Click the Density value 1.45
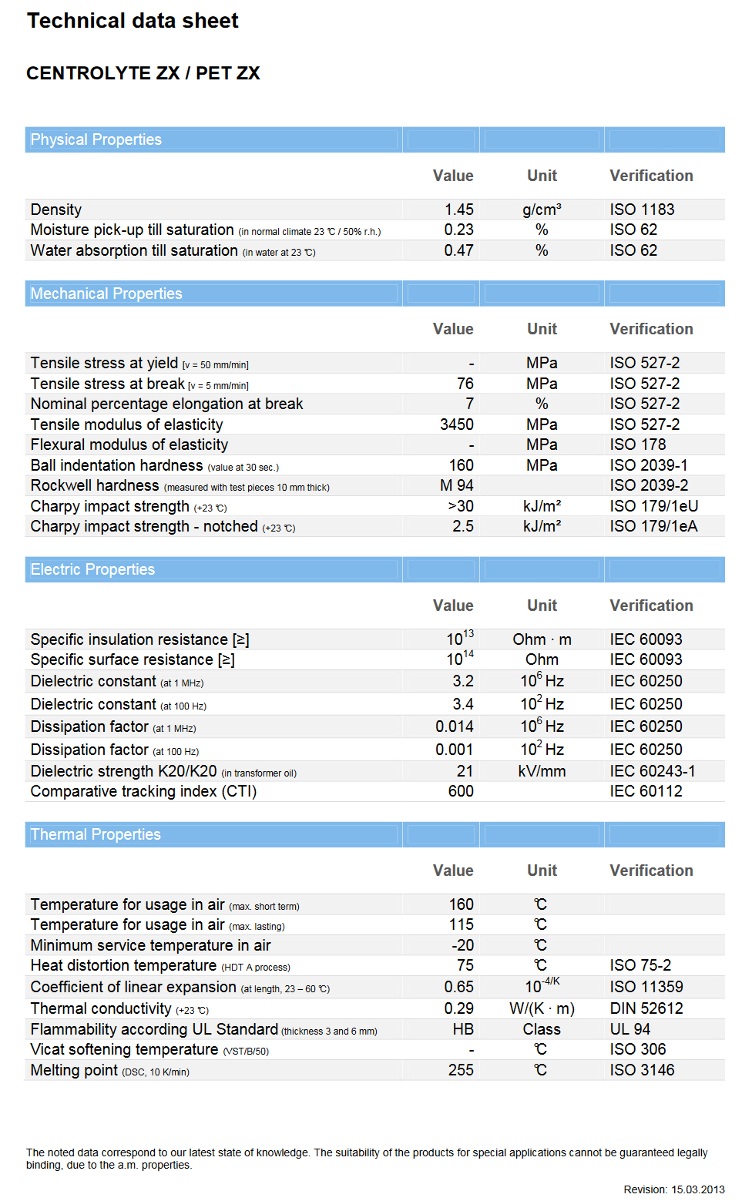(458, 210)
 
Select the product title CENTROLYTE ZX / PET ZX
(143, 73)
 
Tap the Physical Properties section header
(96, 139)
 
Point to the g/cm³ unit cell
(542, 210)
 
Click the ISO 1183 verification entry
(642, 210)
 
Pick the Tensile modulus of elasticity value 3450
(456, 424)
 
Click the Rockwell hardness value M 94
(456, 485)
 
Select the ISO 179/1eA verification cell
(653, 526)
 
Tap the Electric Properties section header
(92, 569)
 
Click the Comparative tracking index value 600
(461, 791)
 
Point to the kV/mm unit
(542, 771)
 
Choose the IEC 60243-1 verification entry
(652, 771)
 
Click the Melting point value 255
(461, 1070)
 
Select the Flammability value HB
(462, 1029)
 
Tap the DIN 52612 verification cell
(646, 1008)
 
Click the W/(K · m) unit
(542, 1008)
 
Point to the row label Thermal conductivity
(101, 1008)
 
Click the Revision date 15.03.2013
(697, 1189)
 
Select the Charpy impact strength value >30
(460, 506)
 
